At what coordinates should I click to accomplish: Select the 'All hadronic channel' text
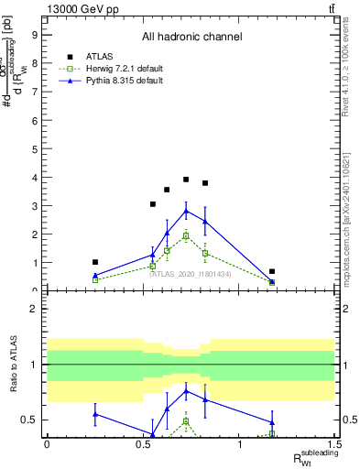[x=191, y=37]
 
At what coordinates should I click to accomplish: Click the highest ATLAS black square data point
[x=186, y=180]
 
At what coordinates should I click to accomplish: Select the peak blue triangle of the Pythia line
[x=186, y=211]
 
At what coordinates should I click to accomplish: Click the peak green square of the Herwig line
[x=186, y=235]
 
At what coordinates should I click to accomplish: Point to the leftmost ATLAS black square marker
[x=95, y=262]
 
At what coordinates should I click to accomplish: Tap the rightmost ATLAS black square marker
[x=272, y=271]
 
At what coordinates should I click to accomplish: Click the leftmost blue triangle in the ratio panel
[x=95, y=414]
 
